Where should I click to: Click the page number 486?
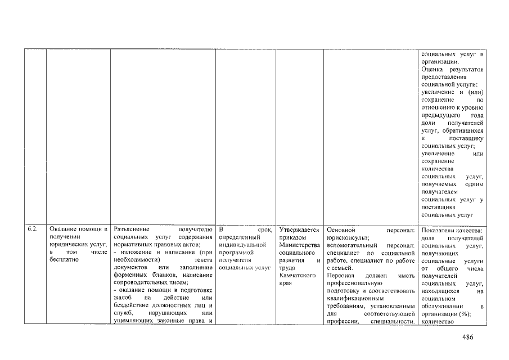[468, 337]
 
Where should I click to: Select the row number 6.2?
[33, 229]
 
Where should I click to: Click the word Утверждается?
[299, 229]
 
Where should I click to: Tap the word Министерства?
[299, 245]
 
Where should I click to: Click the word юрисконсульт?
[348, 237]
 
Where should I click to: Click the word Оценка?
[433, 69]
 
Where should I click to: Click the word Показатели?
[439, 230]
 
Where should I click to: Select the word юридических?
[69, 245]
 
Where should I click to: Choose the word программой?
[237, 253]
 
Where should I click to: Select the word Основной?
[341, 229]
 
